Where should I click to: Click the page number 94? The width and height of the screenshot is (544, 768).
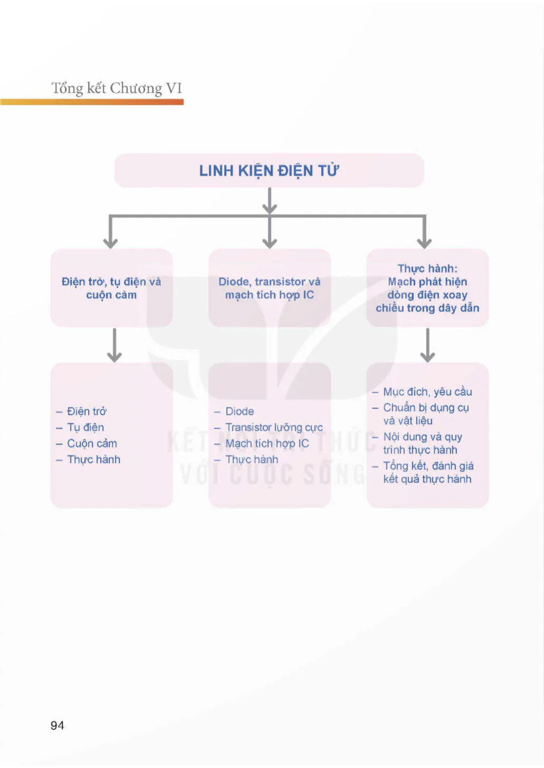57,725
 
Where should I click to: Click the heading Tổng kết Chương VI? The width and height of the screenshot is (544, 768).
116,89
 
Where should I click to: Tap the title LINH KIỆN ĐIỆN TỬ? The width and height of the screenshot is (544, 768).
269,170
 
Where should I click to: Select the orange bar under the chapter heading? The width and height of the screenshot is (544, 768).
92,102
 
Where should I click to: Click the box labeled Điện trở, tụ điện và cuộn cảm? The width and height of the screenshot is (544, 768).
112,288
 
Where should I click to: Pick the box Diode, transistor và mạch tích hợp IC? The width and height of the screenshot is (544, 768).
269,288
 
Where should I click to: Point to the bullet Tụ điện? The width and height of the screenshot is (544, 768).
85,427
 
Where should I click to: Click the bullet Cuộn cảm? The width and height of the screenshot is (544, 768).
92,443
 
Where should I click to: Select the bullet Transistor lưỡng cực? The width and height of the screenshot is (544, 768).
274,427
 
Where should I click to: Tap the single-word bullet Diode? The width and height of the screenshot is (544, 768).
240,411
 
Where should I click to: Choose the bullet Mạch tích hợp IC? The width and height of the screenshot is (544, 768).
267,443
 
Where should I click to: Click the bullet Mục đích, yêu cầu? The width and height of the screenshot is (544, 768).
428,392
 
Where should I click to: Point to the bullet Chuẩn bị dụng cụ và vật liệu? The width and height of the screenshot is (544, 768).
426,414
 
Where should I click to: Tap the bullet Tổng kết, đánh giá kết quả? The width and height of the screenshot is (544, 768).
429,472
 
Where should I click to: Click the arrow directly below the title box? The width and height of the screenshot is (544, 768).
270,201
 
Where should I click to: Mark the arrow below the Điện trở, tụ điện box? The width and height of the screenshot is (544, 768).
114,345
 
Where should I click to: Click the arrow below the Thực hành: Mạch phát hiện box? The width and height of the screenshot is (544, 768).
428,345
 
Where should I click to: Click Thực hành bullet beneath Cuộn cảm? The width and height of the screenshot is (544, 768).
94,460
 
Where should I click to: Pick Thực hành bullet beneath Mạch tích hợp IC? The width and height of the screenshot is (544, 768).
251,460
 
